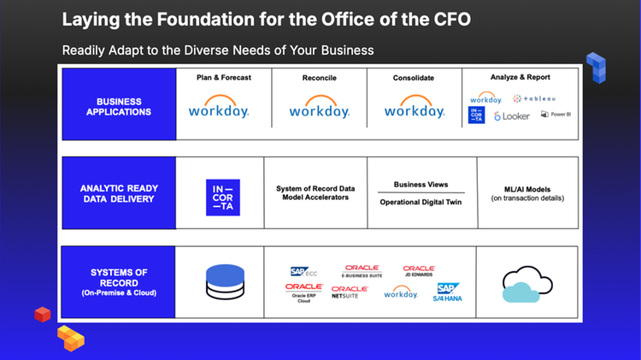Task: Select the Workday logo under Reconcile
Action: (x=319, y=109)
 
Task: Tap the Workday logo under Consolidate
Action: (x=414, y=109)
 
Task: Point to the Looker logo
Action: (x=512, y=115)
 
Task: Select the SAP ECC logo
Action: (x=303, y=272)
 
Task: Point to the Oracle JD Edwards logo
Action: (x=419, y=272)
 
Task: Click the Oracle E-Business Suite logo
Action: (x=362, y=272)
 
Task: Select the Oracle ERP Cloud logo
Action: (x=303, y=292)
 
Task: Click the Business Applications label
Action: (x=119, y=107)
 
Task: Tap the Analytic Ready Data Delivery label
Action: (x=119, y=193)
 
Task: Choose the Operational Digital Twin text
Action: (x=421, y=202)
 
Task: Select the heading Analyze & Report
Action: (x=521, y=77)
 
